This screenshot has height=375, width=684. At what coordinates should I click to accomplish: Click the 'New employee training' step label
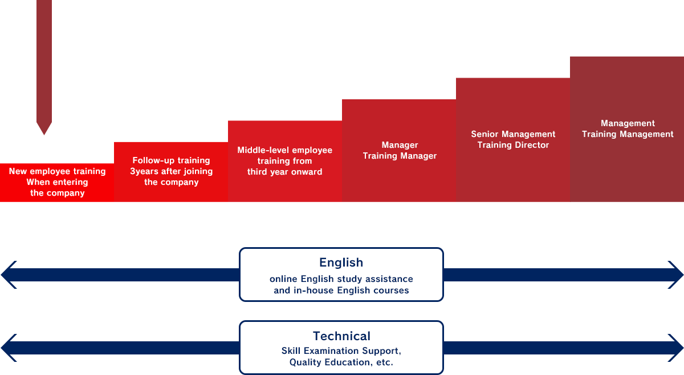click(58, 171)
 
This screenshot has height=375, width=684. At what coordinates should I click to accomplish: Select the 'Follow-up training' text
click(172, 160)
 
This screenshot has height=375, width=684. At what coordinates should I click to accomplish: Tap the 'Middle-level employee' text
click(284, 150)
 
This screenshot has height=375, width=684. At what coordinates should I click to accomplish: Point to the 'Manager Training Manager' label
click(400, 150)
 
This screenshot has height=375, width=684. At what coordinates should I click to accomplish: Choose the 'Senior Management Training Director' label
click(514, 139)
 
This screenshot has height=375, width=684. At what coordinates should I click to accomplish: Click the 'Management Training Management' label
click(628, 129)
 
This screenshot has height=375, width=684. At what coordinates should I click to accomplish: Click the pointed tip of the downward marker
click(44, 135)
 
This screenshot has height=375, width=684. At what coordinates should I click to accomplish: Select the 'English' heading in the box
click(341, 263)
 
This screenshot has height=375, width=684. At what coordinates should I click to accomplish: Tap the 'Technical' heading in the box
click(341, 336)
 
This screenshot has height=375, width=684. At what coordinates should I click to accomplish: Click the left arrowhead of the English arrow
click(9, 275)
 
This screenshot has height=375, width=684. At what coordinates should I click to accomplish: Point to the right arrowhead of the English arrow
click(675, 275)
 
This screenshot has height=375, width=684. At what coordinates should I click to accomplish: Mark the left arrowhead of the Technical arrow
click(9, 348)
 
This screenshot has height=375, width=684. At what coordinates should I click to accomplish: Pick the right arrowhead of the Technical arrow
click(675, 348)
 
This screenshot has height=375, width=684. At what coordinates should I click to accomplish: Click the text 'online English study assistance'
click(341, 279)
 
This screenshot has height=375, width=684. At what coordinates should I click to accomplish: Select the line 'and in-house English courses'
click(341, 291)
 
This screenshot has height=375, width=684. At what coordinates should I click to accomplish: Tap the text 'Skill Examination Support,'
click(341, 351)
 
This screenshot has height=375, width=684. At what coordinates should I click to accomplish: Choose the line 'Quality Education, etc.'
click(341, 362)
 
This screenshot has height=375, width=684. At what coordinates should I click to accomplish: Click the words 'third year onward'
click(284, 172)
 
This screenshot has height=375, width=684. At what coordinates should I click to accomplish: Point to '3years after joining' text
click(172, 171)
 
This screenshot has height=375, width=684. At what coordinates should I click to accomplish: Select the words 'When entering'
click(58, 182)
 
